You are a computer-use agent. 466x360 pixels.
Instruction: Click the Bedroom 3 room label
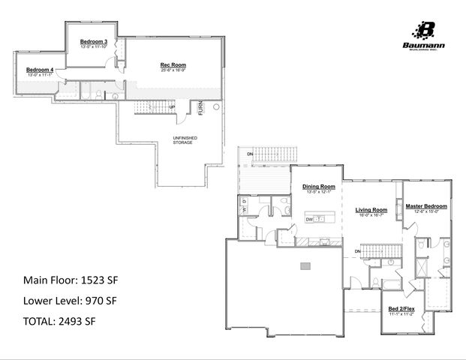coord(95,40)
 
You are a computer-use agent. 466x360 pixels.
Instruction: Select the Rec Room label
coord(173,65)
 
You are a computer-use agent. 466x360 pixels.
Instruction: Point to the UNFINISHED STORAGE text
coord(184,139)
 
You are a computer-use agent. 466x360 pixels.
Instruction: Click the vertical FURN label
coord(201,110)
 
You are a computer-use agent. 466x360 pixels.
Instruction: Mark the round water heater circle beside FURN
coord(216,107)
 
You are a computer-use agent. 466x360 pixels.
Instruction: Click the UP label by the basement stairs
coord(173,106)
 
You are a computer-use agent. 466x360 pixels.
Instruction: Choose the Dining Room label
coord(318,187)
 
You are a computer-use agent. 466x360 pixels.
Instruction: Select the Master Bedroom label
coord(426,206)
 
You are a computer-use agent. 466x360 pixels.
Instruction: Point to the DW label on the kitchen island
coord(308,219)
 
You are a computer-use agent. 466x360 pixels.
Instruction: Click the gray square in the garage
coord(305,266)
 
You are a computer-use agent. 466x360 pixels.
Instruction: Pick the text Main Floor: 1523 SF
coord(71,280)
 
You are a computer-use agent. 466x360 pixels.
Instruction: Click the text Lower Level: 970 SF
coord(71,301)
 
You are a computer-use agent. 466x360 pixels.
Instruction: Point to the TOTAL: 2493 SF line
coord(59,321)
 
